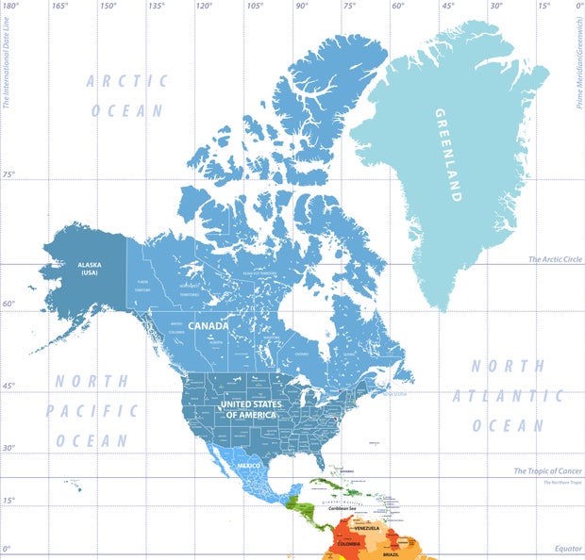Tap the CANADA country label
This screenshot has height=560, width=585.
click(209, 325)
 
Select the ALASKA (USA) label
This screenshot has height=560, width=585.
click(89, 269)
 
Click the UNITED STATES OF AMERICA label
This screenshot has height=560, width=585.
click(250, 409)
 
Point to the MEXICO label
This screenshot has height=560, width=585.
click(248, 467)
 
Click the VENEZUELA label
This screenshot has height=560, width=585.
click(367, 528)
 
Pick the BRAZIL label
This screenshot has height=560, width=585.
click(391, 554)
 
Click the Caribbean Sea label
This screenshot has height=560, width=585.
click(332, 508)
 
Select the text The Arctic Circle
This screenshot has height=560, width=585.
click(554, 259)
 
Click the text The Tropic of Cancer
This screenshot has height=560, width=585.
click(547, 470)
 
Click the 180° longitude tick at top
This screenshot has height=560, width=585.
click(11, 6)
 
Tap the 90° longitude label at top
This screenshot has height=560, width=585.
click(301, 6)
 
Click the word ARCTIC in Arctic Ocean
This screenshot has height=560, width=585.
click(127, 81)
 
